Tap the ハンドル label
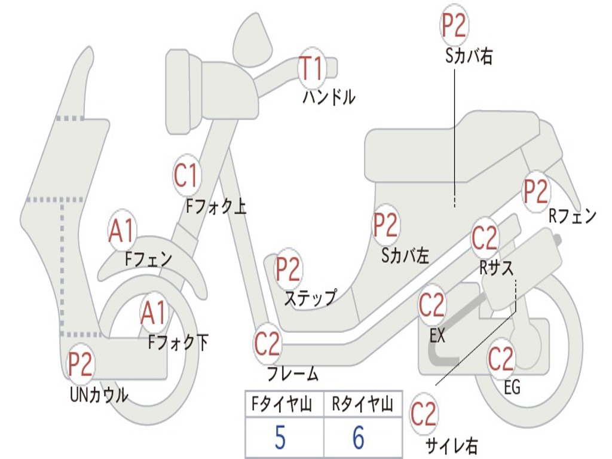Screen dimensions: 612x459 (x=329, y=97)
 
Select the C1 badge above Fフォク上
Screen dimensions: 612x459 (x=186, y=176)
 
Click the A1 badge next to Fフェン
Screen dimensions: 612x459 (x=122, y=231)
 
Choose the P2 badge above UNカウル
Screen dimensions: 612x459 (x=81, y=365)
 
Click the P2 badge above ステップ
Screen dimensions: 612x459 (x=288, y=269)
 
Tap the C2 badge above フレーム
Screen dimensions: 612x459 (x=267, y=344)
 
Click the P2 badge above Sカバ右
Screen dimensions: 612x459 (x=454, y=25)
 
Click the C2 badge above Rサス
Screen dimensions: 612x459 (x=485, y=238)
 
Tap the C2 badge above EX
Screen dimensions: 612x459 (x=432, y=305)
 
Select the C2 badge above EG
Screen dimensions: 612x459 (x=501, y=359)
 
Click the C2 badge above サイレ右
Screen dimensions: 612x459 (x=424, y=414)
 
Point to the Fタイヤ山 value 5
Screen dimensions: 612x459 (x=280, y=437)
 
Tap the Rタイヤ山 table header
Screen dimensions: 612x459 (x=362, y=405)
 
